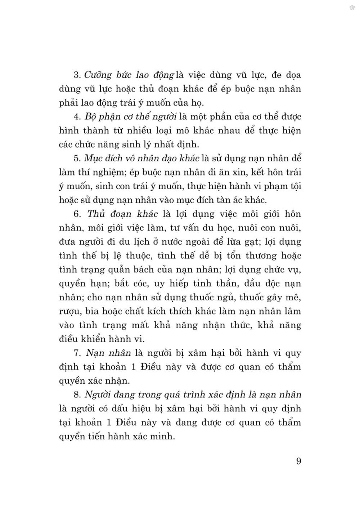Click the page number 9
298,461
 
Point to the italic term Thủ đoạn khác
123,214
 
